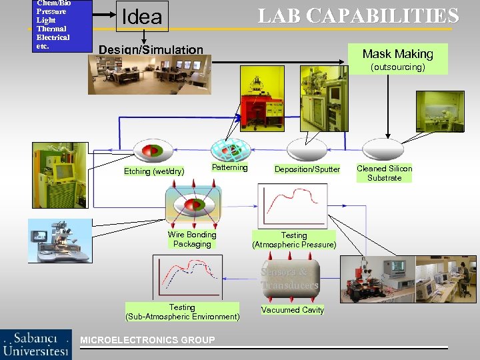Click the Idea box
(141, 17)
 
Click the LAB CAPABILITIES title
(359, 16)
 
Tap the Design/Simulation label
(151, 49)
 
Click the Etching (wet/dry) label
(154, 171)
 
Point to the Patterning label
(229, 167)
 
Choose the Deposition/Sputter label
(307, 169)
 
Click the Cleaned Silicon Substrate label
(385, 173)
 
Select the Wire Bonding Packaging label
(192, 239)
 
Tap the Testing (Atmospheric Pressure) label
(294, 240)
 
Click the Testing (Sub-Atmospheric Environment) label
(182, 312)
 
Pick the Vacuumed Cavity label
(293, 310)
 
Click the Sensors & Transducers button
(290, 279)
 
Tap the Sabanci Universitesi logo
(36, 344)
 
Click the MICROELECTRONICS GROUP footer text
(147, 340)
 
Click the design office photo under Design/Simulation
(149, 74)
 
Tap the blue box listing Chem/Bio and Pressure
(61, 25)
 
